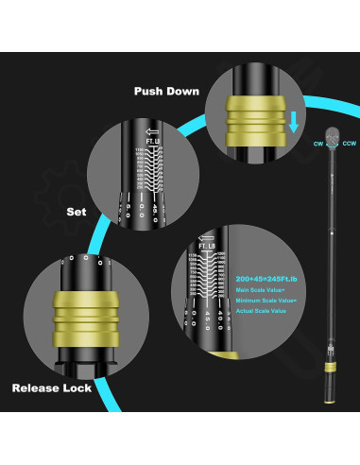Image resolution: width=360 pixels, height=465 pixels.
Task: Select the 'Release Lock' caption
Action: click(56, 387)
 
